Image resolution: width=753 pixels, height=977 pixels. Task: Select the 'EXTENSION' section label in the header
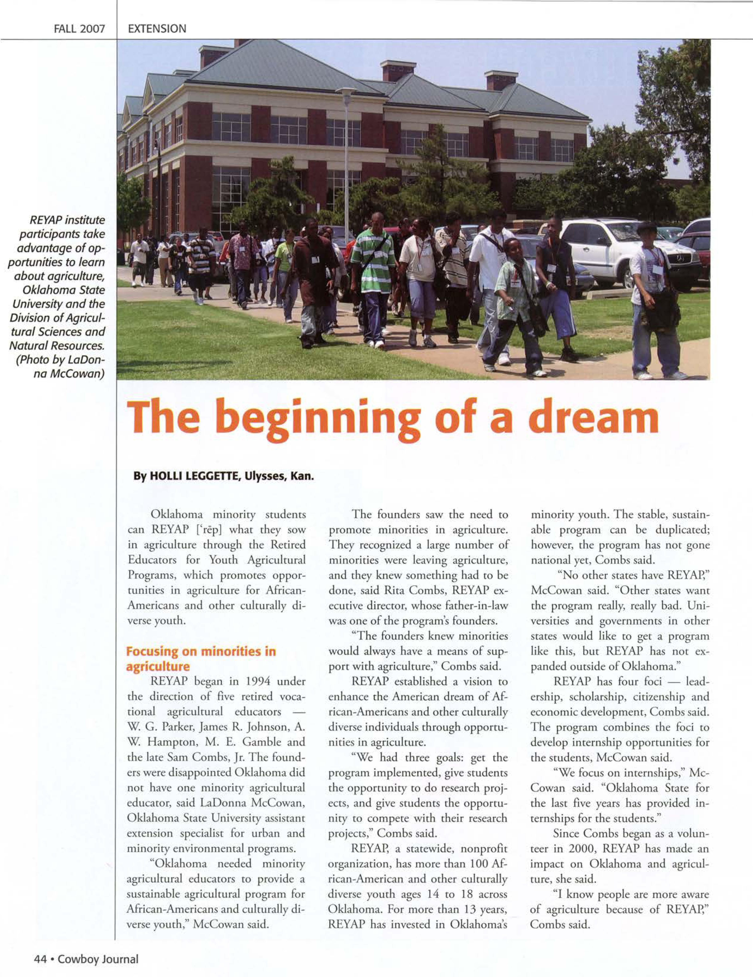157,29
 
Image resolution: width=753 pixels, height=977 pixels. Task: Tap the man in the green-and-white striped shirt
373,277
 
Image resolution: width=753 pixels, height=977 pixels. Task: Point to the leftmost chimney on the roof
214,56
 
